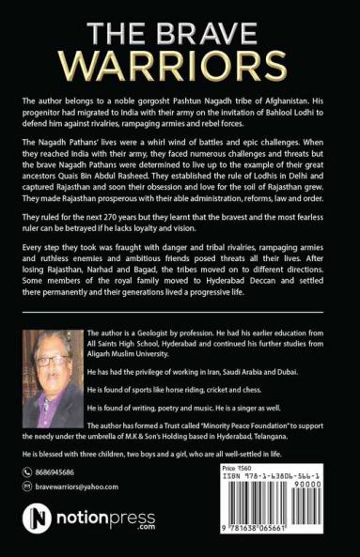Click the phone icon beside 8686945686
click(27, 473)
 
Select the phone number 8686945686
click(60, 473)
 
